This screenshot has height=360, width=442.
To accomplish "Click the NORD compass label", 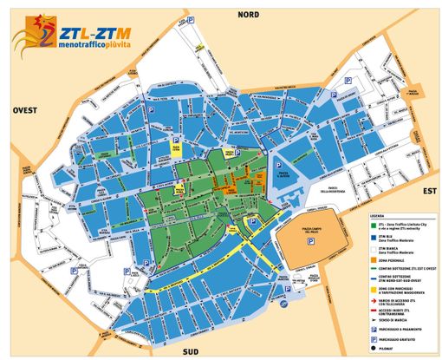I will (x=249, y=14).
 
